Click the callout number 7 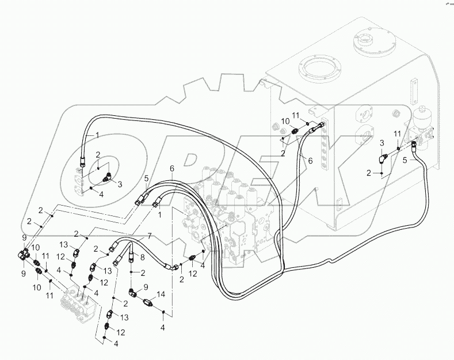point(148,237)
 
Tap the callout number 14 point(161,294)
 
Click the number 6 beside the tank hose point(310,162)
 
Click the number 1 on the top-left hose point(97,135)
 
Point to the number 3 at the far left point(120,184)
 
